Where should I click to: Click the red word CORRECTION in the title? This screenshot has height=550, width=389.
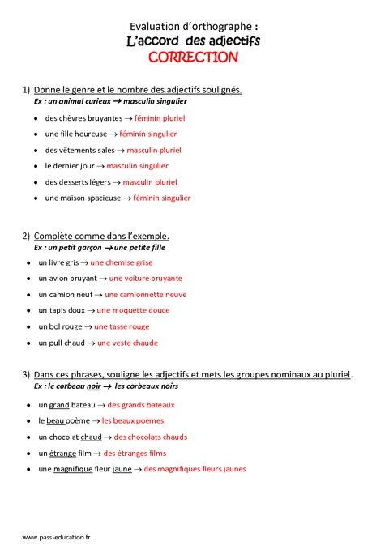(x=193, y=57)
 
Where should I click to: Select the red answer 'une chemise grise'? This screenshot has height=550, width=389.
(x=122, y=262)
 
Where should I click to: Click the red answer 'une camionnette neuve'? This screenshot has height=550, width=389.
(x=146, y=295)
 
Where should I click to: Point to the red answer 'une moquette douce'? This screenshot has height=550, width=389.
(x=133, y=310)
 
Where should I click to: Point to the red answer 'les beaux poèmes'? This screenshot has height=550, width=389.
(x=132, y=420)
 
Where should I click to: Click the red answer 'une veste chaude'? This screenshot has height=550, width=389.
(x=127, y=343)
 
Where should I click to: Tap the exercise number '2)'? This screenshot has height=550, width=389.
(x=26, y=236)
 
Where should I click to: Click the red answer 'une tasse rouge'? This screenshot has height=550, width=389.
(x=122, y=326)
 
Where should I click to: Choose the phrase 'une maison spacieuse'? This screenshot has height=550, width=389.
(x=82, y=198)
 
